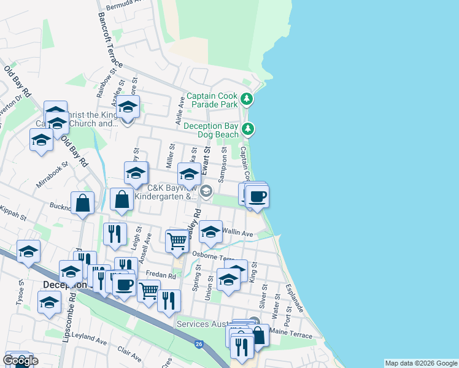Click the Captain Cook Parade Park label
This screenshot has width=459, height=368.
(x=212, y=100)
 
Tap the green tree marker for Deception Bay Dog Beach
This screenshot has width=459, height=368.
(x=248, y=129)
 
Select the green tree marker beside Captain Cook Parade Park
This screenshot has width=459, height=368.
(x=247, y=99)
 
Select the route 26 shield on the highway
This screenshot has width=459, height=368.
(x=198, y=344)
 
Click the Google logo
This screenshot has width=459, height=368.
(x=20, y=361)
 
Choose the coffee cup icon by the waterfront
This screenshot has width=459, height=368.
(x=258, y=196)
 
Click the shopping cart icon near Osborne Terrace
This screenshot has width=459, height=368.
(x=177, y=241)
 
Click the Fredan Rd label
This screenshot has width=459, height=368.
(x=161, y=276)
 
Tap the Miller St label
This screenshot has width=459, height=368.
(x=172, y=156)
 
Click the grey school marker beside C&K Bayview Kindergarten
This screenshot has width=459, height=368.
(x=207, y=192)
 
